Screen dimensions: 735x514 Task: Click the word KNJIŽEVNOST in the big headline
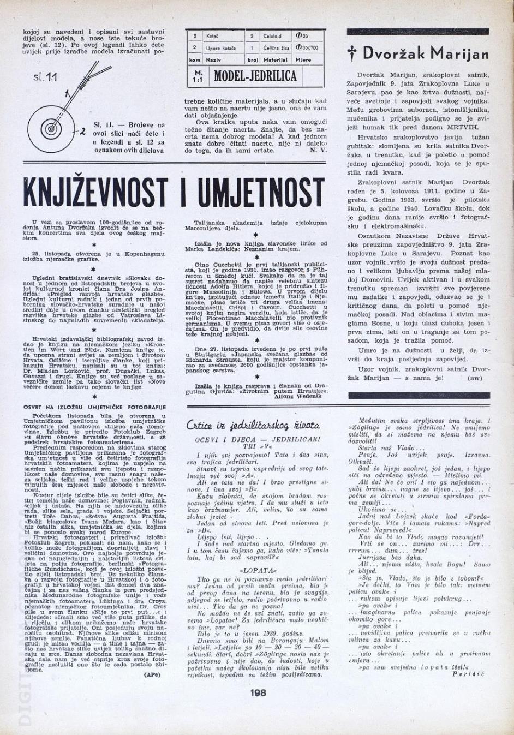pyautogui.click(x=95, y=193)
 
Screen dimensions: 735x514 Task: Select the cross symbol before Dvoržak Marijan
pyautogui.click(x=352, y=53)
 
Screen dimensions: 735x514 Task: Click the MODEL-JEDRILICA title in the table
pyautogui.click(x=255, y=76)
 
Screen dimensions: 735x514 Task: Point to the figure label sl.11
pyautogui.click(x=45, y=77)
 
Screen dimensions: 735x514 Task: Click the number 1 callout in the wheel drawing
pyautogui.click(x=67, y=94)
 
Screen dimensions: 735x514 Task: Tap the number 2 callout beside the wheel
pyautogui.click(x=82, y=131)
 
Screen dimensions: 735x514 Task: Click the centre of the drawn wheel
pyautogui.click(x=51, y=129)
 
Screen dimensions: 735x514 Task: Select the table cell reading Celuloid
pyautogui.click(x=272, y=36)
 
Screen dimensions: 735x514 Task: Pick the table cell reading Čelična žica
pyautogui.click(x=272, y=48)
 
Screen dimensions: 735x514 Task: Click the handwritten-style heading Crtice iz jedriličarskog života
pyautogui.click(x=253, y=425)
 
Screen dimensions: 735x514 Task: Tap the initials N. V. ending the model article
pyautogui.click(x=316, y=150)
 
